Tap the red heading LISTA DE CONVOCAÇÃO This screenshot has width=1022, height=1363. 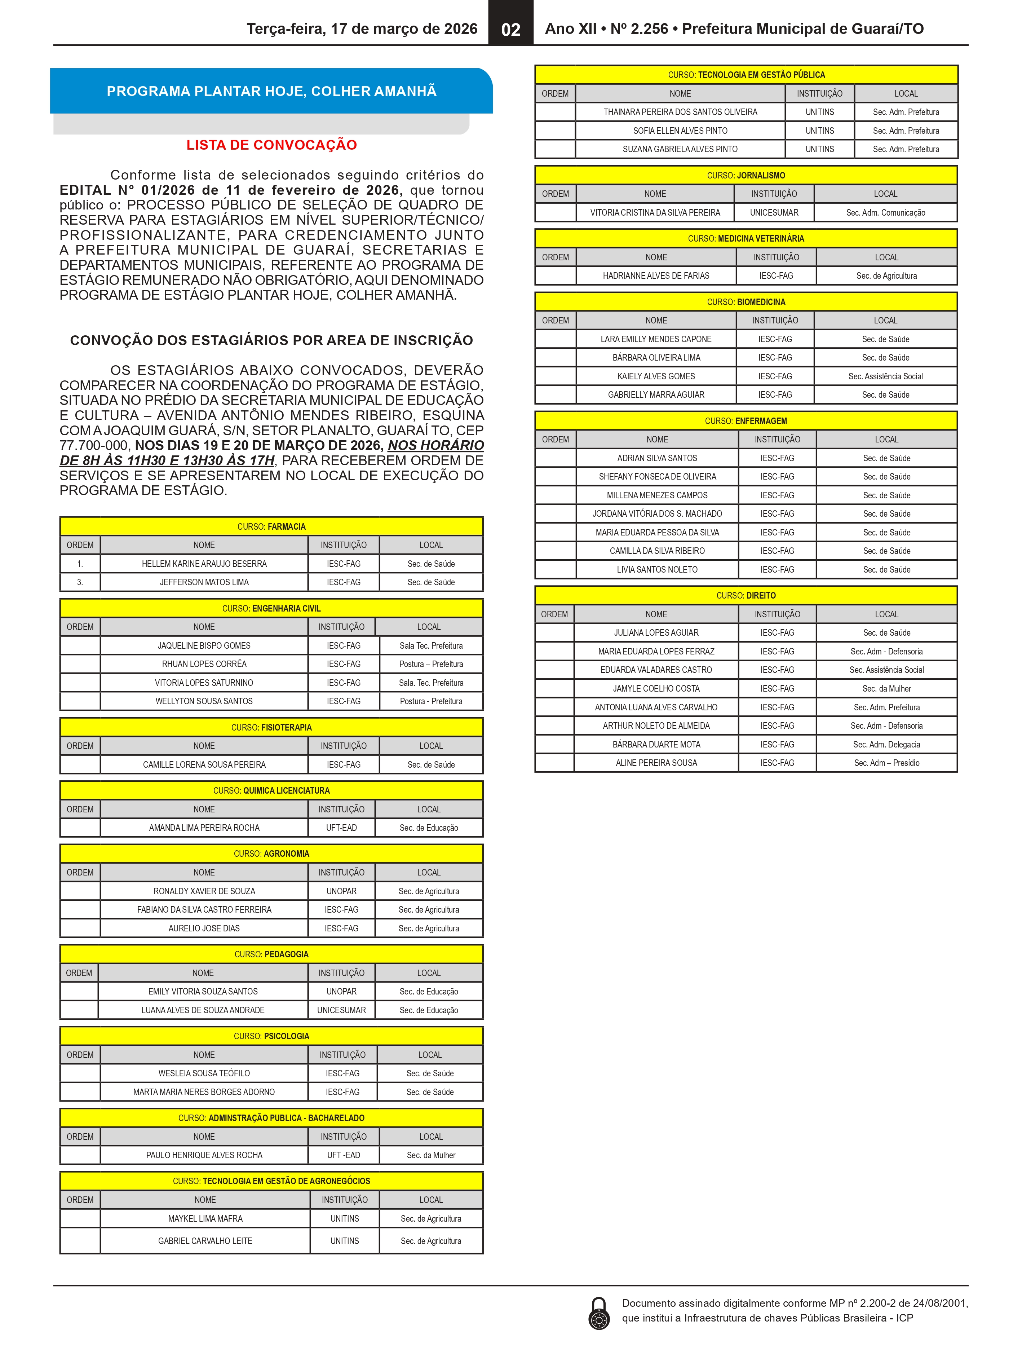(x=272, y=145)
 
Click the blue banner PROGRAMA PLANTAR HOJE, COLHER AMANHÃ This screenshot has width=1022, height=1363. (x=272, y=91)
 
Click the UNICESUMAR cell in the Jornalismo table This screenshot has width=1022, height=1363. (x=774, y=213)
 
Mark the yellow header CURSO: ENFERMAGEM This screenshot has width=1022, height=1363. (x=746, y=421)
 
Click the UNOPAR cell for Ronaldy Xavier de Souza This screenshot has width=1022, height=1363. (x=341, y=891)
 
